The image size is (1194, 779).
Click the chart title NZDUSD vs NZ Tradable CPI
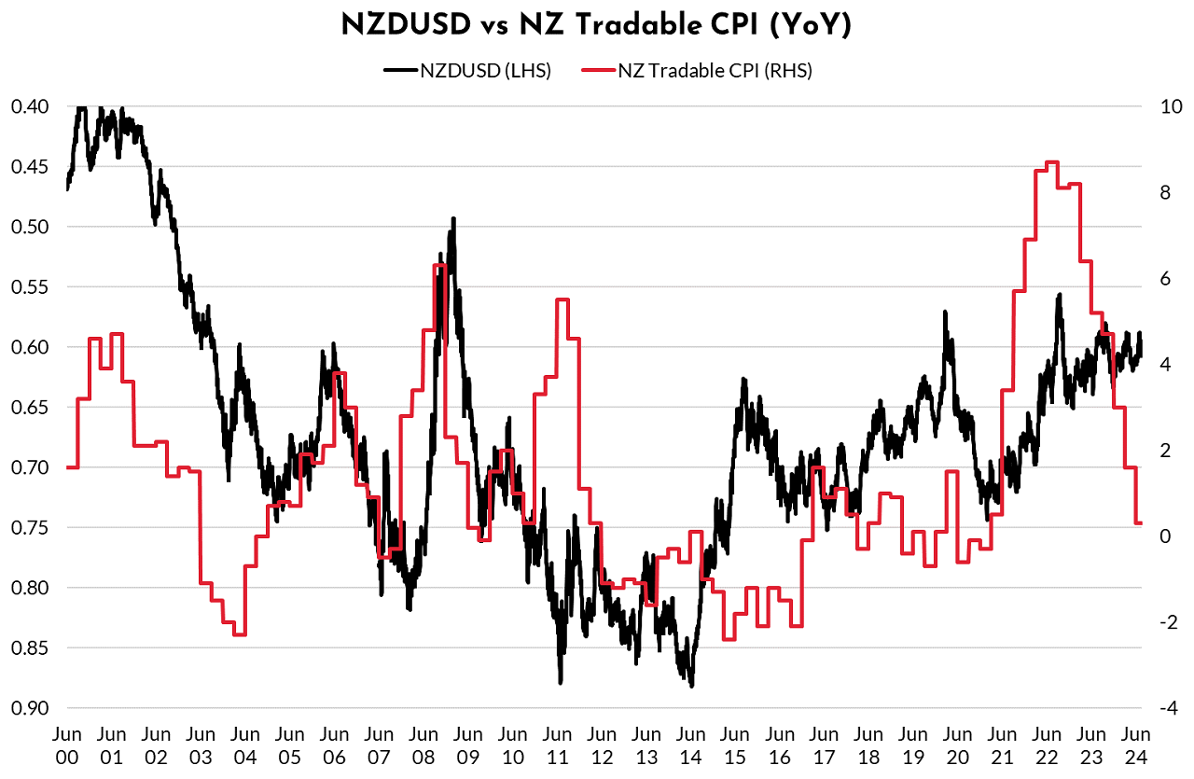[596, 26]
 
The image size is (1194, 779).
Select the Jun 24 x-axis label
[1134, 743]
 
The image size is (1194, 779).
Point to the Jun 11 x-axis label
[557, 743]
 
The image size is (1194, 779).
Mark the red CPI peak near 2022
[1051, 162]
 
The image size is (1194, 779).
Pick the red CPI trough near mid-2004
[239, 634]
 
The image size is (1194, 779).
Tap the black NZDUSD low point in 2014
[691, 685]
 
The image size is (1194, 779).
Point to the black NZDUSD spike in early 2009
[453, 219]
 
